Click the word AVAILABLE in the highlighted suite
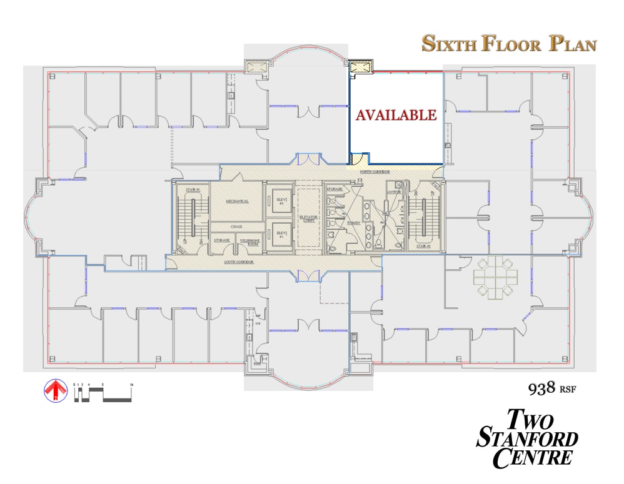[x=396, y=115]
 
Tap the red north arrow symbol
[x=55, y=391]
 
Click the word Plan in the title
[x=573, y=44]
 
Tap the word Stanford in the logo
[x=527, y=438]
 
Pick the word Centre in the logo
[x=532, y=457]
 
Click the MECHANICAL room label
[x=237, y=202]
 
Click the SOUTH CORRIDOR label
[x=239, y=262]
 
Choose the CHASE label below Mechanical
[x=236, y=227]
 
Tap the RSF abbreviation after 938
[x=568, y=390]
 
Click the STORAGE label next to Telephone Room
[x=221, y=240]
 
